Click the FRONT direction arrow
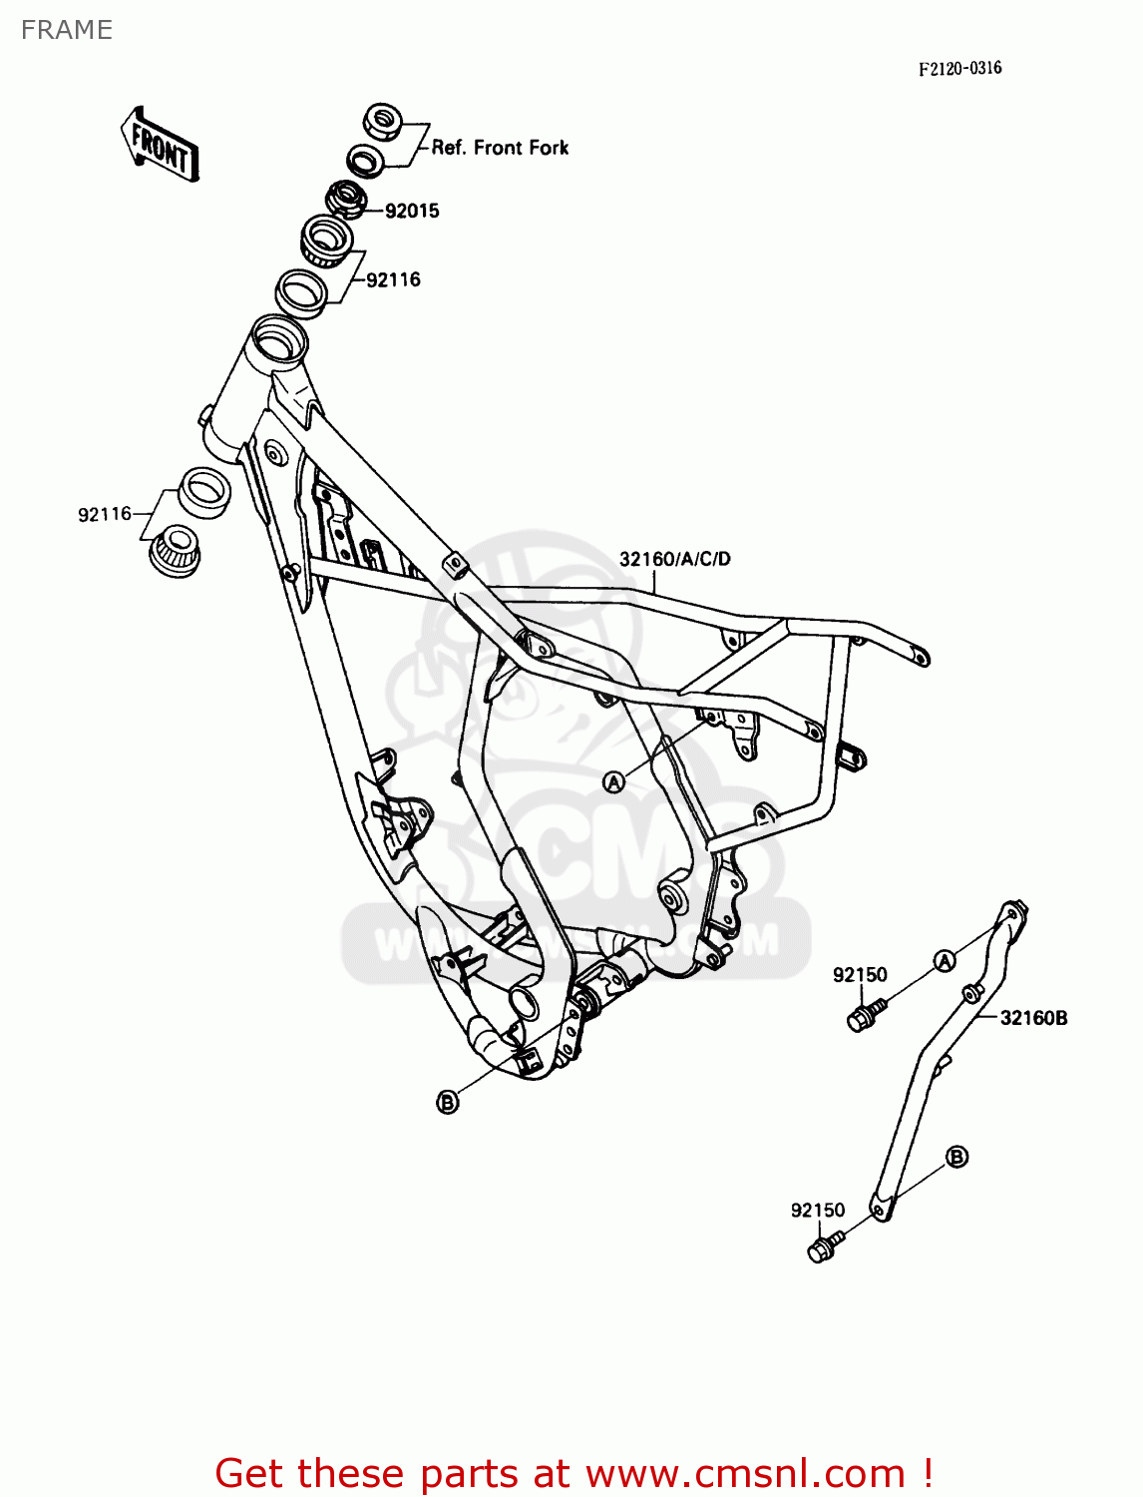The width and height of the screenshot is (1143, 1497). pos(160,146)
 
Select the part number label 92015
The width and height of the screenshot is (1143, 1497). pos(412,211)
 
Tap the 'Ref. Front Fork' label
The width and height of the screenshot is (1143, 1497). pos(500,148)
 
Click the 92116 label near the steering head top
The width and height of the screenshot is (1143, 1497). pos(393,279)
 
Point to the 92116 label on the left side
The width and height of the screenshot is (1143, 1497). pos(105,514)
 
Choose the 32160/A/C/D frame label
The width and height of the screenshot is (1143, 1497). pos(674,559)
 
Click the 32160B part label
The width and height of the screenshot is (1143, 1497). pos(1033,1018)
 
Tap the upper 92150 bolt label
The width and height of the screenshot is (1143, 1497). pos(860,975)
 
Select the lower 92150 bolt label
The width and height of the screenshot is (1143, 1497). pos(818,1211)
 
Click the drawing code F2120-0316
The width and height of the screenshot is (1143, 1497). pos(959,68)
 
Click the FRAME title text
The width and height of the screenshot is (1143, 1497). pos(67,30)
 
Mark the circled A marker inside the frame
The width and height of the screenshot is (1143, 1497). pos(614,782)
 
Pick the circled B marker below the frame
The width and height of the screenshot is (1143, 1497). pos(448,1102)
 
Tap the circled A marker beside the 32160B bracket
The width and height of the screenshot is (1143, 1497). pos(944,960)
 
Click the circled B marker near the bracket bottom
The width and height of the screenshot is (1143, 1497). pos(955,1157)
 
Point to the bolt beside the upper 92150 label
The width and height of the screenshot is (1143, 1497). pos(863,1017)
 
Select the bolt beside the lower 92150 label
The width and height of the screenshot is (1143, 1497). pos(823,1247)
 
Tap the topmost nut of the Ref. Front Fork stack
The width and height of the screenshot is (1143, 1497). pos(383,122)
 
